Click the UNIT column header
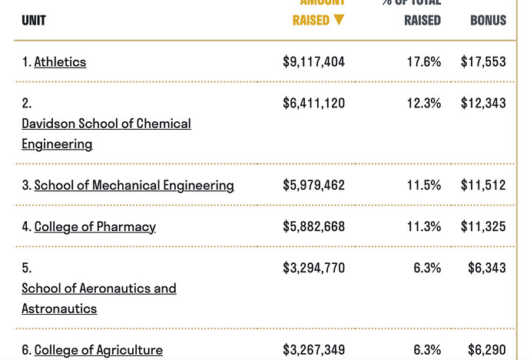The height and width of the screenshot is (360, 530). [34, 21]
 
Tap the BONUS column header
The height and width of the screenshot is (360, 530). [488, 21]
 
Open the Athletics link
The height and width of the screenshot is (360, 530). [60, 62]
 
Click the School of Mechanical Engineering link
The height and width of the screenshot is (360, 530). [134, 186]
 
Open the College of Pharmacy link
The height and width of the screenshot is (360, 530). [95, 227]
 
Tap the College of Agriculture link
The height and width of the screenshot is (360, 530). [98, 351]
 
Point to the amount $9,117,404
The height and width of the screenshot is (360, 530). [313, 62]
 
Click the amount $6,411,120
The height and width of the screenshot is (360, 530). [313, 104]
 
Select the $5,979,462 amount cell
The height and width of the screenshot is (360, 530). [313, 186]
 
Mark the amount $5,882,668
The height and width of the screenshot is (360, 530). [313, 227]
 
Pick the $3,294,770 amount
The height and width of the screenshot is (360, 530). [313, 269]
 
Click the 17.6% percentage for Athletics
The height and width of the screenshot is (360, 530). [424, 62]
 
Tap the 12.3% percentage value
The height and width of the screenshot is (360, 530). [424, 104]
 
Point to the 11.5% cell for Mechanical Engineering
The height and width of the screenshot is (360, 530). [424, 186]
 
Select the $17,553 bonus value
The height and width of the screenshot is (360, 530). [483, 62]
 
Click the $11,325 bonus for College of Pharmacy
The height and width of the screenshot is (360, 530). [483, 227]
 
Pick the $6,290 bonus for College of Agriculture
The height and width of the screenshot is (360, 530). [487, 351]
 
